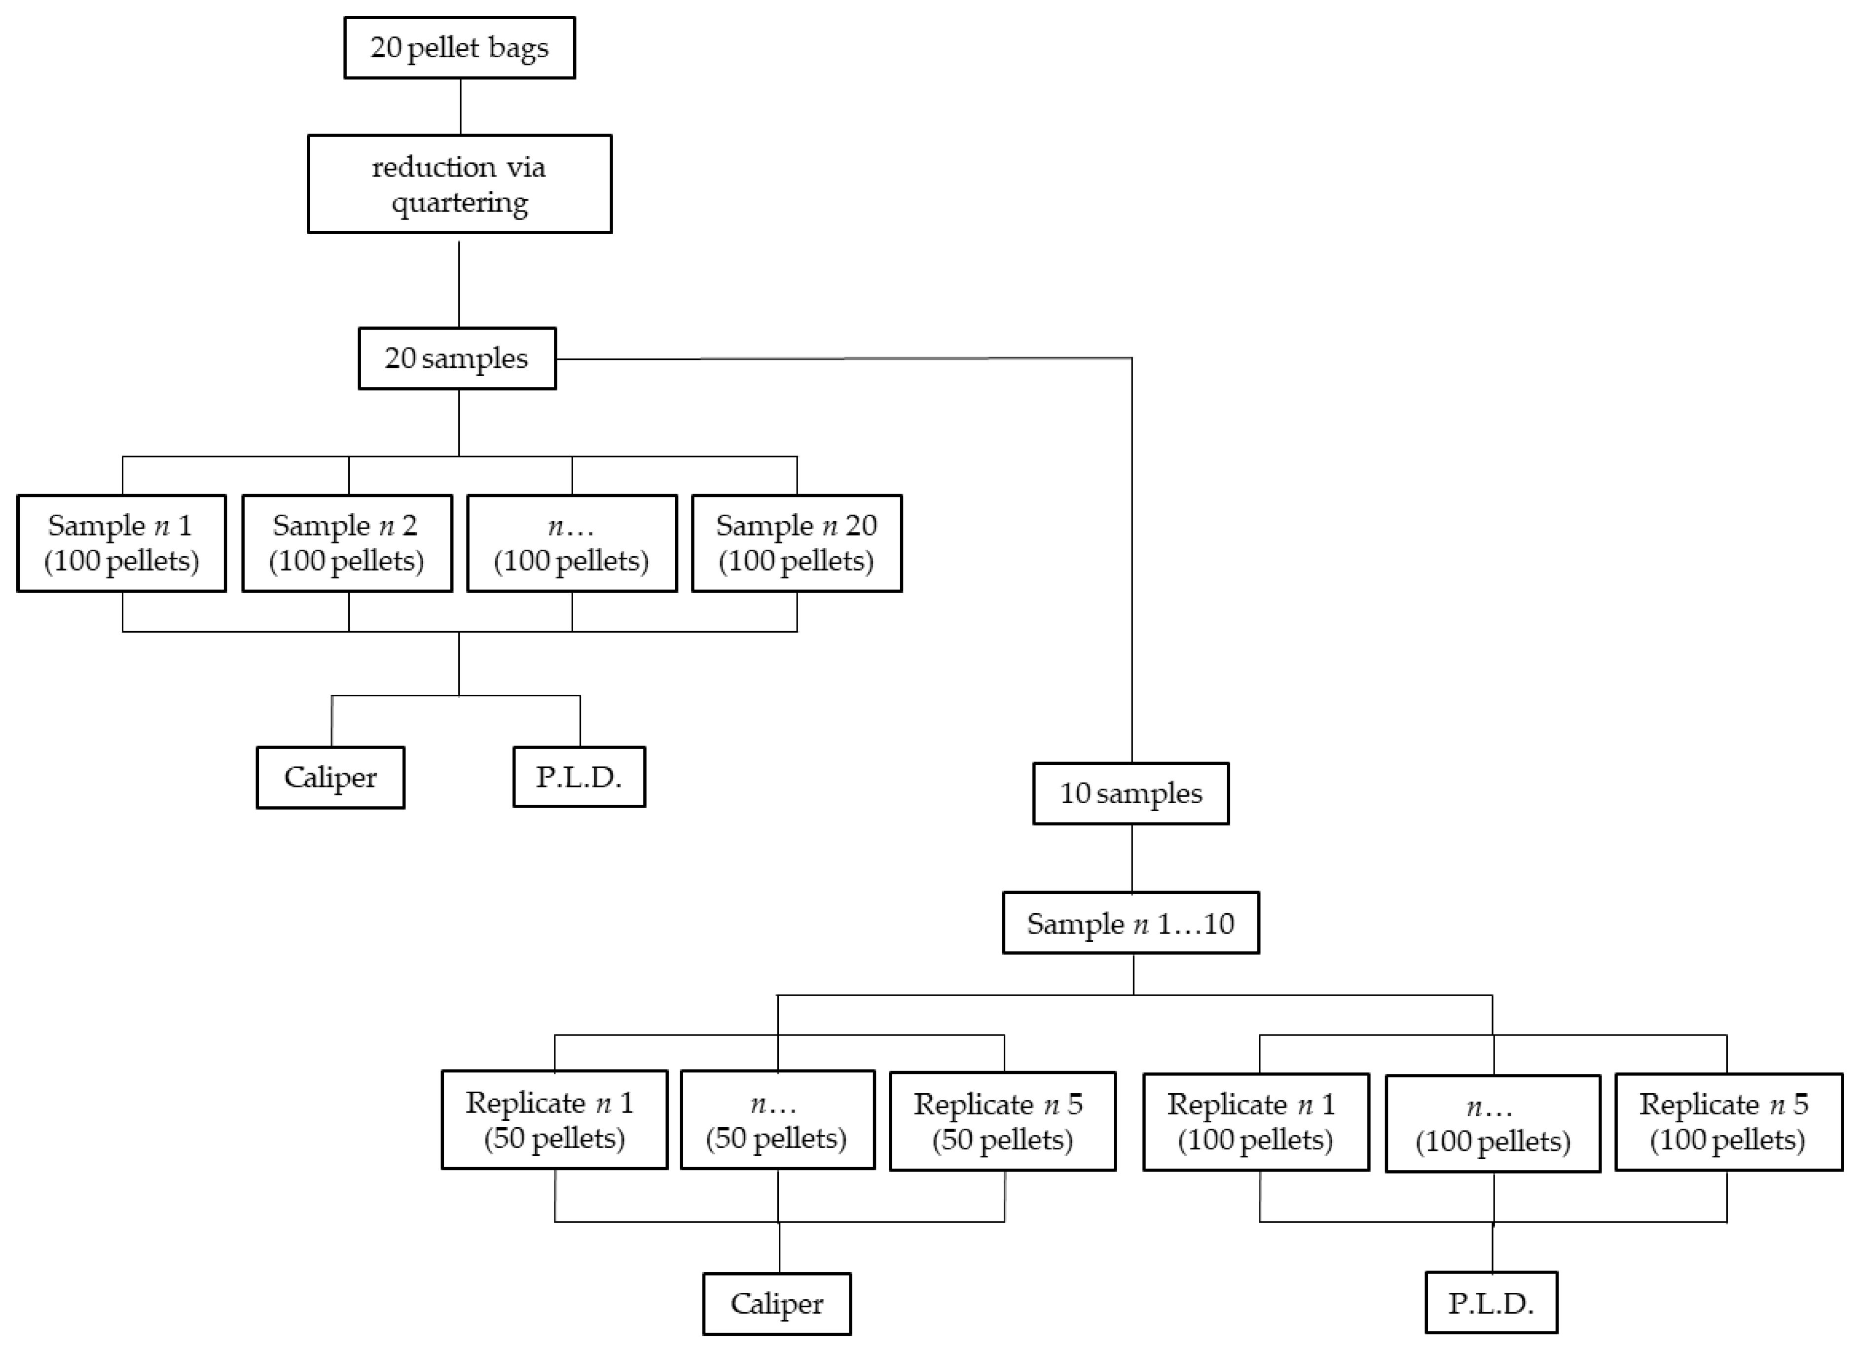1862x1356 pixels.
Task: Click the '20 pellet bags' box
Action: click(459, 48)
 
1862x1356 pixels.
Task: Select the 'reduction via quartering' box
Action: click(459, 184)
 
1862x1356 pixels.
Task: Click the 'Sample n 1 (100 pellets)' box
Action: click(121, 542)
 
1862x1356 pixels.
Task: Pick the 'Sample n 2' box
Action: click(346, 542)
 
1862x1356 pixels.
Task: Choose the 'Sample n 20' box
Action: click(797, 542)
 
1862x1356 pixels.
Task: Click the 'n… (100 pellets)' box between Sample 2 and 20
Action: click(571, 542)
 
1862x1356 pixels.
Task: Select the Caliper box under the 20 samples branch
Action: click(330, 777)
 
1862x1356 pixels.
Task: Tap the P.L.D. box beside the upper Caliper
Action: click(579, 777)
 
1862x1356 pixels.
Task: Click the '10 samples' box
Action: click(1131, 793)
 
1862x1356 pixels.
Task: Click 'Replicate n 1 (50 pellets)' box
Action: click(554, 1120)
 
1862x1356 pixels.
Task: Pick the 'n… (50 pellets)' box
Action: click(777, 1120)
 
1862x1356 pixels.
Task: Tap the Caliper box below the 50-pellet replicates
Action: click(777, 1303)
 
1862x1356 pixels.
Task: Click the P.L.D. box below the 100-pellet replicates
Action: click(1491, 1303)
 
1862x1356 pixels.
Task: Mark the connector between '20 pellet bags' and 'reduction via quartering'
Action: click(460, 107)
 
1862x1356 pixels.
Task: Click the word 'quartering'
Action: click(460, 203)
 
